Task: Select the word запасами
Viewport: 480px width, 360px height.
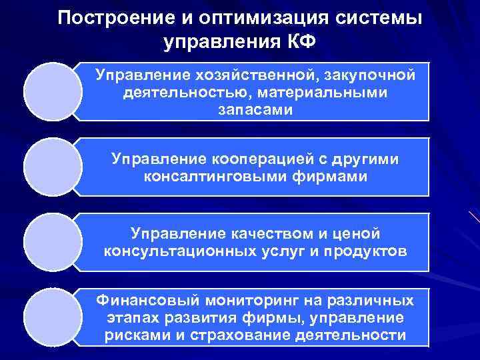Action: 255,109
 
